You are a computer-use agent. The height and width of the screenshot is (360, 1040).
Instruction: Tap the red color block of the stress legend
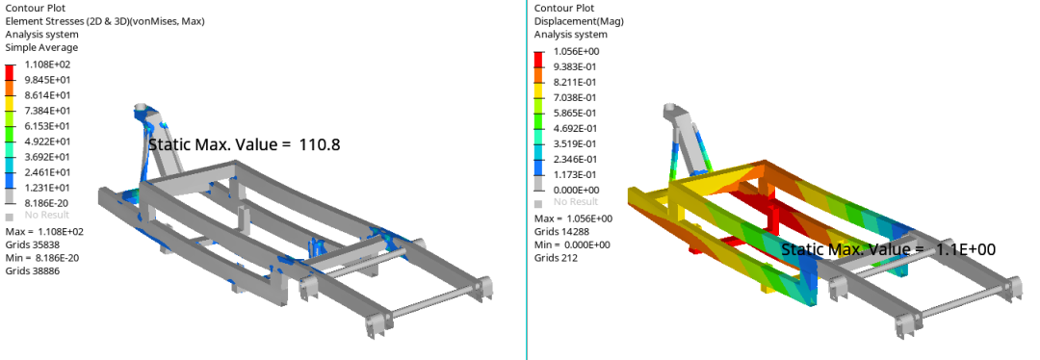click(10, 71)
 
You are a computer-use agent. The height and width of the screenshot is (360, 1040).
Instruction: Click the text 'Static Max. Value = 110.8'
click(244, 143)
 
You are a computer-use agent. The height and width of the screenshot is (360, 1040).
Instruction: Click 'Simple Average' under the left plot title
click(41, 48)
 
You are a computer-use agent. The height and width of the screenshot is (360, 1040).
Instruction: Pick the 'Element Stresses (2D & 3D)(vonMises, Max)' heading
click(105, 21)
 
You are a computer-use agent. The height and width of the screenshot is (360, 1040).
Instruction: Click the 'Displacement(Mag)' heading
click(579, 21)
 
